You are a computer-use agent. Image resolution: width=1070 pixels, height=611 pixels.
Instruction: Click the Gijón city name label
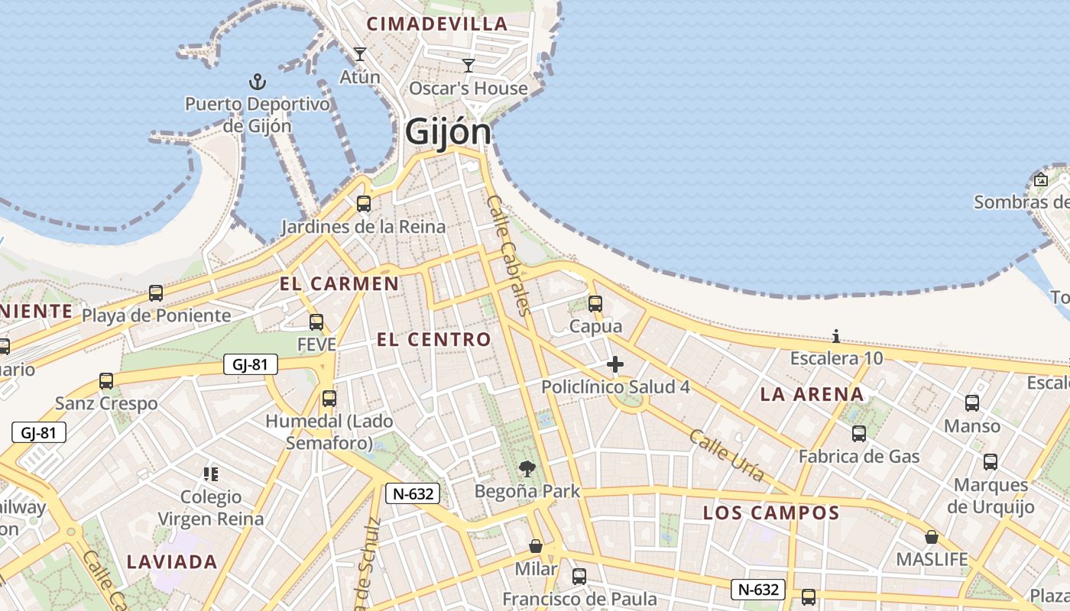point(448,131)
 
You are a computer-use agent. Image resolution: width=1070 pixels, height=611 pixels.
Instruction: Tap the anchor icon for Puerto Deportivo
point(258,82)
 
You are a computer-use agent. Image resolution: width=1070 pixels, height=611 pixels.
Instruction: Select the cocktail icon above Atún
point(360,54)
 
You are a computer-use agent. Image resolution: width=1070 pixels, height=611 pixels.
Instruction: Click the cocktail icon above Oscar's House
point(469,66)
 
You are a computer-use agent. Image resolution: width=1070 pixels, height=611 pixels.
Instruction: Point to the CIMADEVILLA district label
point(437,24)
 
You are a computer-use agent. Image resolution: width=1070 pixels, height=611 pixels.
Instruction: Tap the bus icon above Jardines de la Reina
point(364,204)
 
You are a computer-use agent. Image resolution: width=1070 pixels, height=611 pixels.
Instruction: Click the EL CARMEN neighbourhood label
point(339,284)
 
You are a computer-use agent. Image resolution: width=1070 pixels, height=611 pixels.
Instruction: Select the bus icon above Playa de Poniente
point(156,293)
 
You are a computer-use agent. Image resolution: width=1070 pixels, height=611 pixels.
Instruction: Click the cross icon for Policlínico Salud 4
point(615,364)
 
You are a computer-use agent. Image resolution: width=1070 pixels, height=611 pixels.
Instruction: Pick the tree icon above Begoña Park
point(527,469)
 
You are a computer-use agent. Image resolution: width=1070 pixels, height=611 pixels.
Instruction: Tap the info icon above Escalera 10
point(836,336)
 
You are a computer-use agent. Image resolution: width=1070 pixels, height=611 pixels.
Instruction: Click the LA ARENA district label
point(812,395)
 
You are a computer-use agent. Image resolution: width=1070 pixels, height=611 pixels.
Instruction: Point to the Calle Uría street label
point(726,455)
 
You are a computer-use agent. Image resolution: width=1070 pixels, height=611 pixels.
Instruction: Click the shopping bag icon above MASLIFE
point(932,537)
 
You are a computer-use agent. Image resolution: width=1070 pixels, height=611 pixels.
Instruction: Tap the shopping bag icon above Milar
point(536,546)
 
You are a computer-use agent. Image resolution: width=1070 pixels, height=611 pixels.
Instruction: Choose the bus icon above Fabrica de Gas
point(859,434)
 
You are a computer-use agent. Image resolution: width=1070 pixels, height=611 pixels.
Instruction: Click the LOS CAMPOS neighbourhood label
point(771,512)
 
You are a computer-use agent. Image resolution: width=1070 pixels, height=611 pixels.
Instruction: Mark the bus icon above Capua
point(595,304)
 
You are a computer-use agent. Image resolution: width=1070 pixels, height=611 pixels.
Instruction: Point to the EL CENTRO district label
point(434,340)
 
